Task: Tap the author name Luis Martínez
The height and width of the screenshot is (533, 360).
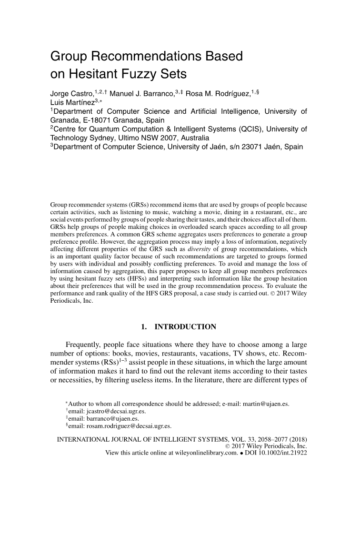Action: pos(73,102)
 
